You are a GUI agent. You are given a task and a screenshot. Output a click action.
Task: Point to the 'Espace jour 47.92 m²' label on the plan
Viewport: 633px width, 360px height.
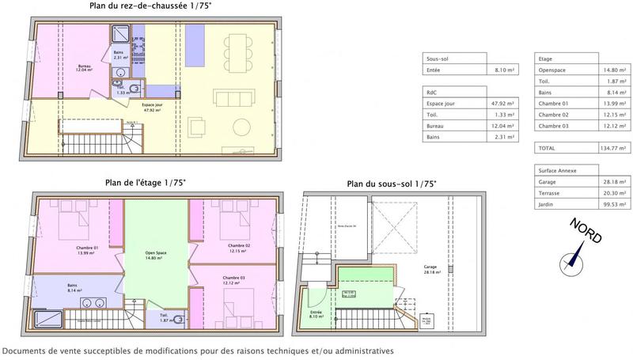click(153, 106)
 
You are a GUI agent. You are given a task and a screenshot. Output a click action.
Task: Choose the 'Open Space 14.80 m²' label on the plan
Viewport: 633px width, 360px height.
click(155, 255)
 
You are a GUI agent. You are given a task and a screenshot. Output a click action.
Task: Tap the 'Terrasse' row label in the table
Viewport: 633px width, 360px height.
click(548, 192)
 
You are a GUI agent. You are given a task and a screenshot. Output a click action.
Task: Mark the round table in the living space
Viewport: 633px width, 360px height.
click(242, 127)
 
